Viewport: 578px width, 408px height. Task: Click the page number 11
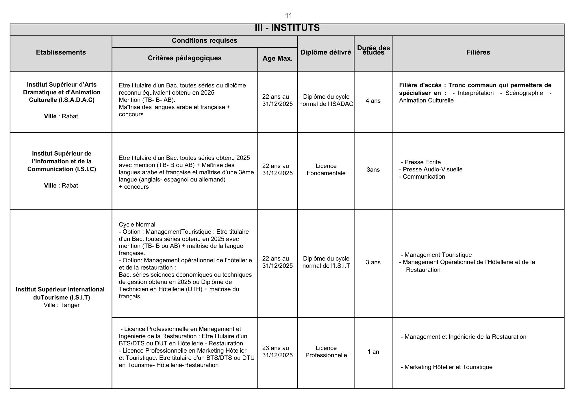288,16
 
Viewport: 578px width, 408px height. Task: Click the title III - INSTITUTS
287,28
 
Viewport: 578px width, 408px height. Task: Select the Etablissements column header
61,52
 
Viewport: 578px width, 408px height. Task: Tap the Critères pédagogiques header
185,58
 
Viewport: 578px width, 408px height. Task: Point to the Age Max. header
277,58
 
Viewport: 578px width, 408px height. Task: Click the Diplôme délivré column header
326,52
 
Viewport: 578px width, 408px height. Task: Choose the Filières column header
478,52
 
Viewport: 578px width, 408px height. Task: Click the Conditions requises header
204,40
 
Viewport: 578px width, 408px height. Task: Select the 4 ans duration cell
373,101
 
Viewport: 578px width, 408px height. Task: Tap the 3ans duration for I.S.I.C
373,170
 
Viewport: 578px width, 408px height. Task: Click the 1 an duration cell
373,352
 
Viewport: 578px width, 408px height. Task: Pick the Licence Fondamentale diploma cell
326,170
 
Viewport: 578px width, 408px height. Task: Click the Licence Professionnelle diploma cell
326,352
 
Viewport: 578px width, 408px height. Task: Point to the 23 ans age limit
275,348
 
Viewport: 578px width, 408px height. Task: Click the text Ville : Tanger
62,305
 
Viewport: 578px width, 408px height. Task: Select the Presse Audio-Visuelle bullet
432,169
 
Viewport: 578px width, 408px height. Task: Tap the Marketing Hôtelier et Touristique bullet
448,367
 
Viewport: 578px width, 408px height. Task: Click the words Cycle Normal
137,224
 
